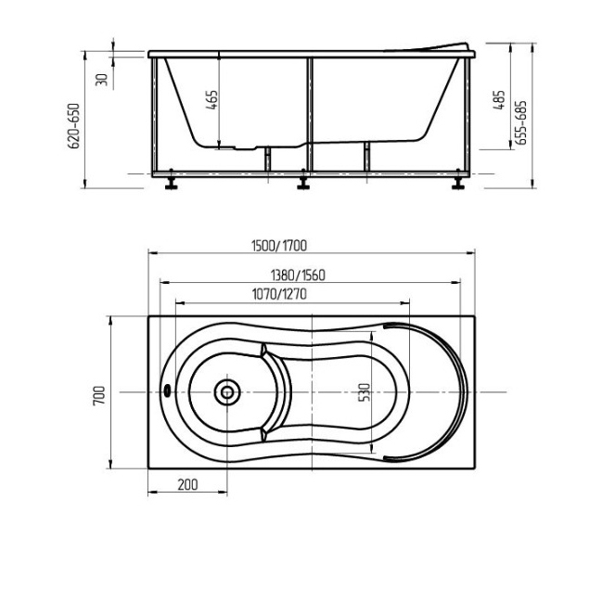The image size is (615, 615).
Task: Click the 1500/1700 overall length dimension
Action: point(279,246)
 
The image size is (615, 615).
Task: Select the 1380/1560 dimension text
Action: point(298,275)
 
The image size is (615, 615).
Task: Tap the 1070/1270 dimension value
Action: point(279,294)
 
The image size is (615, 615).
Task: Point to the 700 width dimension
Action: point(99,396)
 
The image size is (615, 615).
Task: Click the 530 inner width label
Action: point(365,392)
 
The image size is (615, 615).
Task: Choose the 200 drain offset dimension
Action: point(188,485)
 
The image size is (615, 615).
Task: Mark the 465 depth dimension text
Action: point(211,100)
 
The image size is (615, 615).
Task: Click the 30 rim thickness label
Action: point(102,80)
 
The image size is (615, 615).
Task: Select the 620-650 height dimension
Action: point(73,126)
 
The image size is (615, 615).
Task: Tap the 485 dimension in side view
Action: point(499,100)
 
